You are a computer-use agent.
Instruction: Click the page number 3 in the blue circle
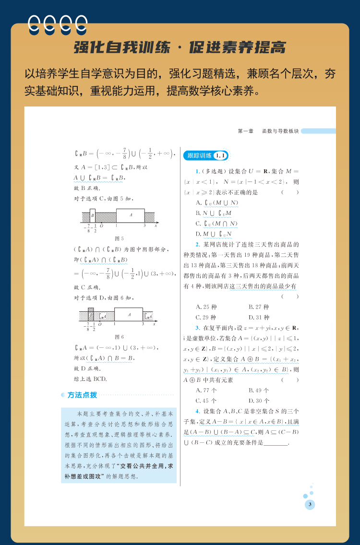click(310, 504)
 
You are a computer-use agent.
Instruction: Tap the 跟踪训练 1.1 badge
click(206, 155)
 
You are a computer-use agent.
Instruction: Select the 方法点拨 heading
click(82, 395)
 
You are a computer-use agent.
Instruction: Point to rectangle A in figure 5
click(130, 215)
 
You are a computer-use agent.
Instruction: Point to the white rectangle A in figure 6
click(129, 314)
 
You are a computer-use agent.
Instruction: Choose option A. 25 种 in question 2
click(206, 307)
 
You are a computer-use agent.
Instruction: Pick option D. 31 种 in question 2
click(259, 318)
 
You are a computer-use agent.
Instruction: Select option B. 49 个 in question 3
click(259, 391)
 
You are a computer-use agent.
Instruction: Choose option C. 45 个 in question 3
click(206, 401)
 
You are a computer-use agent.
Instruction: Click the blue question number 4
click(198, 411)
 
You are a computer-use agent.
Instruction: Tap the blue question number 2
click(198, 244)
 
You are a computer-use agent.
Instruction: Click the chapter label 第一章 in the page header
click(246, 131)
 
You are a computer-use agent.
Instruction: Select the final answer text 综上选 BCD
click(91, 379)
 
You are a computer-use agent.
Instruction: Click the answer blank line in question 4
click(276, 443)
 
